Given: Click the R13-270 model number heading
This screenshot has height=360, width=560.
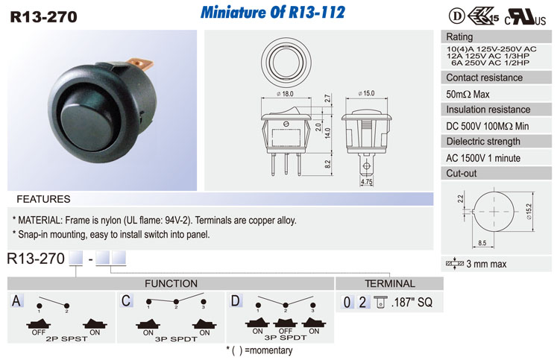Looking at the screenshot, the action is pos(43,17).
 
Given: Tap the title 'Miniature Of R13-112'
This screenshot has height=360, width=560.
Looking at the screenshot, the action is pos(273,12).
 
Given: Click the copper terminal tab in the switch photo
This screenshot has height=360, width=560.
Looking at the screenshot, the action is pos(140,64).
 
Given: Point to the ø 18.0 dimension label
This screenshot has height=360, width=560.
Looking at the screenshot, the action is pos(285,94).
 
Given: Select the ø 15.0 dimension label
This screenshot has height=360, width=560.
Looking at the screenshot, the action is pos(366,93).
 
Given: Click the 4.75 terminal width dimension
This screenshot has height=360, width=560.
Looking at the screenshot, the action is pos(366,182).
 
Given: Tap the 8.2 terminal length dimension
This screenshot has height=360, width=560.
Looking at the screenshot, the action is pos(327,164).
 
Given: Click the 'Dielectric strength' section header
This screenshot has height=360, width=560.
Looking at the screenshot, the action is pos(483,142).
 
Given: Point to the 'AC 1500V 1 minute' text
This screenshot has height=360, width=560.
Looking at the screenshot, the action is pos(483,158).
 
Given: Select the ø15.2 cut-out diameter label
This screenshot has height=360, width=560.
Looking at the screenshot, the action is pos(529,212).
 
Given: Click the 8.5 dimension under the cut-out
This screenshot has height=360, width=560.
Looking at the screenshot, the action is pos(482,243).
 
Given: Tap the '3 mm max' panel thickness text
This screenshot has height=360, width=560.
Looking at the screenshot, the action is pos(486,264).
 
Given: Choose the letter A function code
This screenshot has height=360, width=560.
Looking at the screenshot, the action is pos(16,300).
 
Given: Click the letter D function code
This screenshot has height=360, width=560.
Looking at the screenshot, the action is pos(236,300).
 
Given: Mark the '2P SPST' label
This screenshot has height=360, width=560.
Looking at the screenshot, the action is pos(66,338).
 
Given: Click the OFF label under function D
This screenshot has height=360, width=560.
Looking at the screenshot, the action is pos(286,331).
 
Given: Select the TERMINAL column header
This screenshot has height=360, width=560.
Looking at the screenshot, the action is pos(390,283).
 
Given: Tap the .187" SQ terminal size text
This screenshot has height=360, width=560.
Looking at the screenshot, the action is pos(412,303).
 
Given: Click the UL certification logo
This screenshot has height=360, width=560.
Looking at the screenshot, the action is pos(525,17).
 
